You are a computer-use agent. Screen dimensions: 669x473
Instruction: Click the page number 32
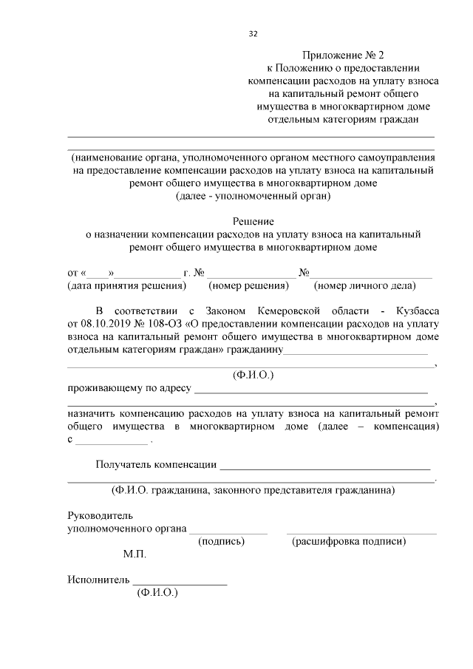click(253, 34)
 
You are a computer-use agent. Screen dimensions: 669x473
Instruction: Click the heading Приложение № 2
click(344, 55)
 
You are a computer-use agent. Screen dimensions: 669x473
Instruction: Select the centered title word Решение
click(253, 221)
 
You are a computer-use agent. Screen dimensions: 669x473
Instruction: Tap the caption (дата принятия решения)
click(126, 285)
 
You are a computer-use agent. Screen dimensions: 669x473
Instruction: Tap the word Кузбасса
click(411, 310)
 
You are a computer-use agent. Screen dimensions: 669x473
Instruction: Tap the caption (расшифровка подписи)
click(349, 542)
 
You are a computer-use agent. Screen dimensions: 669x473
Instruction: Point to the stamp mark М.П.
click(135, 554)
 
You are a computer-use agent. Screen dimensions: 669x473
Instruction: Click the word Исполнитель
click(98, 580)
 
